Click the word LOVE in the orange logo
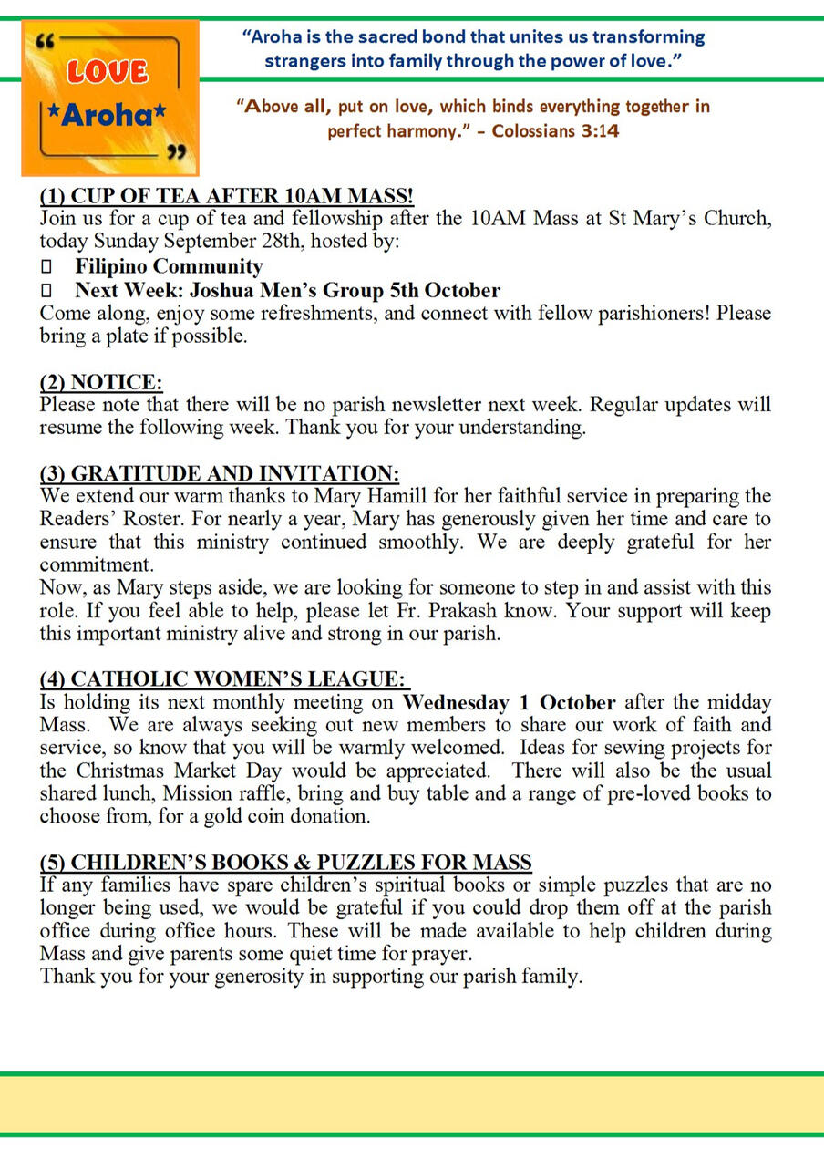(108, 71)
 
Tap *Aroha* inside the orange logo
(108, 115)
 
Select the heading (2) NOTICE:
(101, 382)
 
